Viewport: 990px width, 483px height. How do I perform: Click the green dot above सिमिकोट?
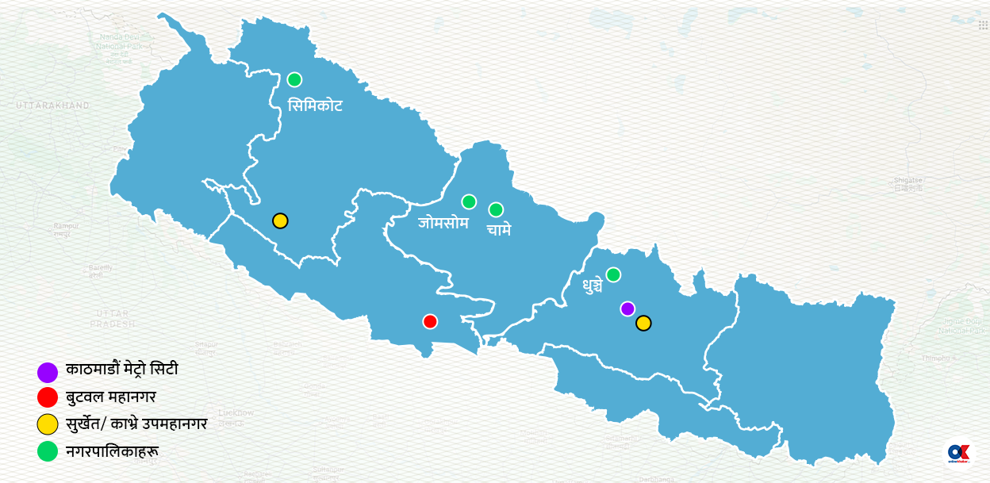pos(294,79)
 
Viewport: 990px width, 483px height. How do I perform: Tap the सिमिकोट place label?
pos(315,105)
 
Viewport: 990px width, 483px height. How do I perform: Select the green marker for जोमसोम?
pos(469,201)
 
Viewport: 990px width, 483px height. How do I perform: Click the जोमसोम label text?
pos(443,223)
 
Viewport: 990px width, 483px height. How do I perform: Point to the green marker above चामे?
pos(496,209)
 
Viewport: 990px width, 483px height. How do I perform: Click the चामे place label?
pos(499,230)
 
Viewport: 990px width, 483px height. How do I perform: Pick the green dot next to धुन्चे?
pos(613,274)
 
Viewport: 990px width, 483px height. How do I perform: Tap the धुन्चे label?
pos(592,285)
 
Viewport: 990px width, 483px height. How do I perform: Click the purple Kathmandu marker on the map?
pos(627,309)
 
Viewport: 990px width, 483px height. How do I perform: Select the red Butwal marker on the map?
pos(430,321)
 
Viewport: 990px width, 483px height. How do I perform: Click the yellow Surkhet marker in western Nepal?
pos(280,220)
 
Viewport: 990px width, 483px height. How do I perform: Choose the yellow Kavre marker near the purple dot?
pos(643,323)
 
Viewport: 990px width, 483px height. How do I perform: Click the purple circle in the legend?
pos(48,372)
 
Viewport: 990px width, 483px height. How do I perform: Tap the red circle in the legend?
pos(48,397)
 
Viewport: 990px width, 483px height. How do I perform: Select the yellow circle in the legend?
pos(48,424)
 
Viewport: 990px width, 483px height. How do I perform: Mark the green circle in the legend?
pos(48,451)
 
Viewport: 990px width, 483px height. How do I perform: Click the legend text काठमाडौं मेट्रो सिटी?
pos(122,370)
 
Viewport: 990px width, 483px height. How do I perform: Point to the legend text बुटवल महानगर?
pos(111,397)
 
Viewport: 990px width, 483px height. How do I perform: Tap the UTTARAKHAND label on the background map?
pos(52,105)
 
